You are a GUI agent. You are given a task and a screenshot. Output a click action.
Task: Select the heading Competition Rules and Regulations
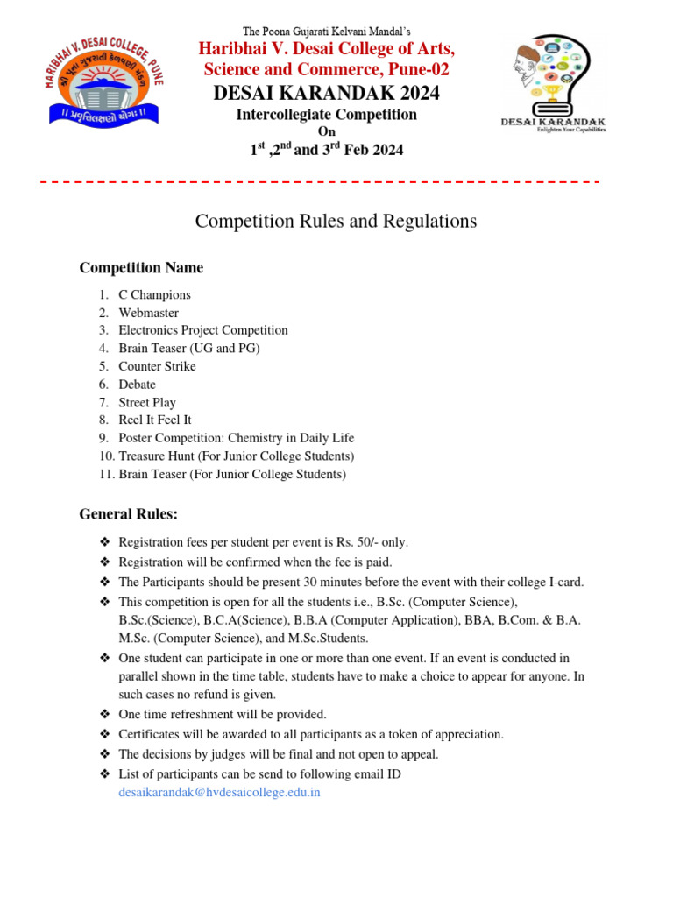pyautogui.click(x=336, y=222)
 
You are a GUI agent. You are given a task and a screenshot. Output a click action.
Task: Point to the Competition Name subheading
pyautogui.click(x=141, y=268)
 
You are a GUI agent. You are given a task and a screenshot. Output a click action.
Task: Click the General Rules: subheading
pyautogui.click(x=128, y=514)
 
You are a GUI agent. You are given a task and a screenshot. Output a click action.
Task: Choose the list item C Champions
pyautogui.click(x=154, y=295)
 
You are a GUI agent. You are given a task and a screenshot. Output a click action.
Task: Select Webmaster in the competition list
pyautogui.click(x=148, y=313)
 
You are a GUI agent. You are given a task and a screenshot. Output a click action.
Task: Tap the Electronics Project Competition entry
pyautogui.click(x=203, y=330)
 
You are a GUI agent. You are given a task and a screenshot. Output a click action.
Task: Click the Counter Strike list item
pyautogui.click(x=157, y=366)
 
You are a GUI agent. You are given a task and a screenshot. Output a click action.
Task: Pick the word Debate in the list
pyautogui.click(x=138, y=385)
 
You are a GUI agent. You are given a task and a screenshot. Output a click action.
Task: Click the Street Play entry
pyautogui.click(x=147, y=403)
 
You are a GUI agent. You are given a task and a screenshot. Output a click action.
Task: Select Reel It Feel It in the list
pyautogui.click(x=154, y=420)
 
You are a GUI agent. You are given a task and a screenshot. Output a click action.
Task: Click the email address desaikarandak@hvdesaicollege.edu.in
pyautogui.click(x=219, y=792)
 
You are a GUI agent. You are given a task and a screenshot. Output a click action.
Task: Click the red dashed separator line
pyautogui.click(x=321, y=182)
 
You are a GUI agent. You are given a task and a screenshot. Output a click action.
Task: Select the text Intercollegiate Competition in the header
pyautogui.click(x=326, y=115)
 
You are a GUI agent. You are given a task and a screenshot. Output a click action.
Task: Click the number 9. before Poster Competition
pyautogui.click(x=103, y=438)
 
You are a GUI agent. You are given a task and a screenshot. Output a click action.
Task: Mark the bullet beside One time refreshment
pyautogui.click(x=105, y=714)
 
